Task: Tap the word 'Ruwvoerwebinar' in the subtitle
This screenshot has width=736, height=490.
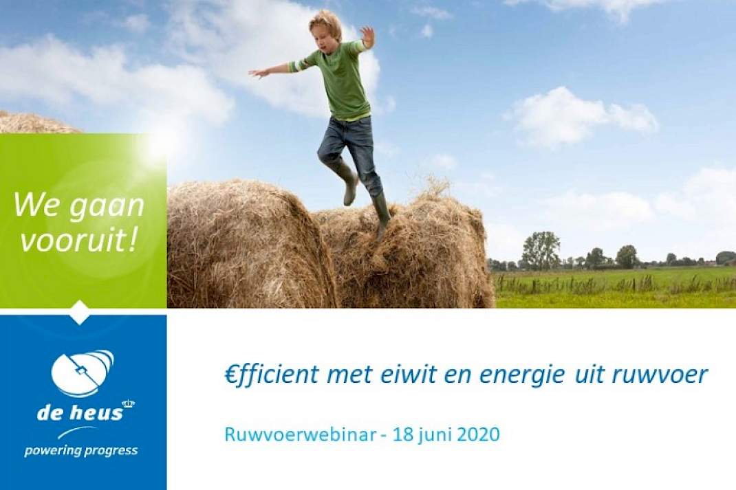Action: (300, 434)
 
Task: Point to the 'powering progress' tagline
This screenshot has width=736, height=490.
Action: (80, 451)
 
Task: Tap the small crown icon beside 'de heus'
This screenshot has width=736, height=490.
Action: (128, 403)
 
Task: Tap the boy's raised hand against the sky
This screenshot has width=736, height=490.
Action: (367, 37)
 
